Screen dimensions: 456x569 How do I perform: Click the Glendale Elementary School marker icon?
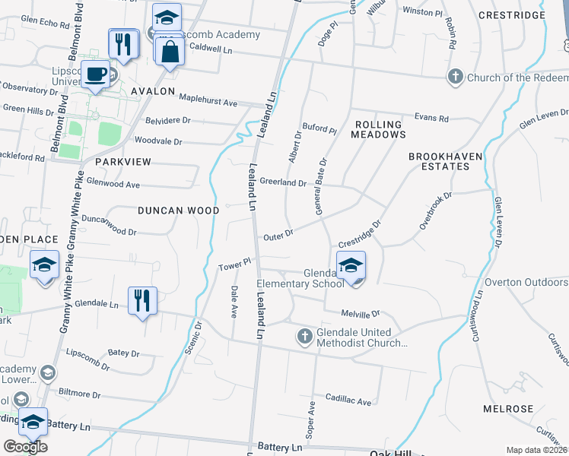pos(351,266)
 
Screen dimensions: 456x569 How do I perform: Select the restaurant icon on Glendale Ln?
pos(142,300)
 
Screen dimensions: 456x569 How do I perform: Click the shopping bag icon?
pos(170,52)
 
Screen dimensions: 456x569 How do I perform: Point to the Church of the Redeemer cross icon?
pos(455,77)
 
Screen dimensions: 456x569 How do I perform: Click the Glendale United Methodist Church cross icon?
pos(304,335)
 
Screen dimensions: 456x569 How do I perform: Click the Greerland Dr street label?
pos(283,183)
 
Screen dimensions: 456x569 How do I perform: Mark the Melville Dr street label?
pos(361,314)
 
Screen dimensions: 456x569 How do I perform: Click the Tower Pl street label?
pos(234,266)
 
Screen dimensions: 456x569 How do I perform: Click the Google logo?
pos(26,447)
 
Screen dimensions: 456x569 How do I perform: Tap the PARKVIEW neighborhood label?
pos(123,162)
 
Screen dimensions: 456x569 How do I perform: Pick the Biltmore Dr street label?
pos(79,394)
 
